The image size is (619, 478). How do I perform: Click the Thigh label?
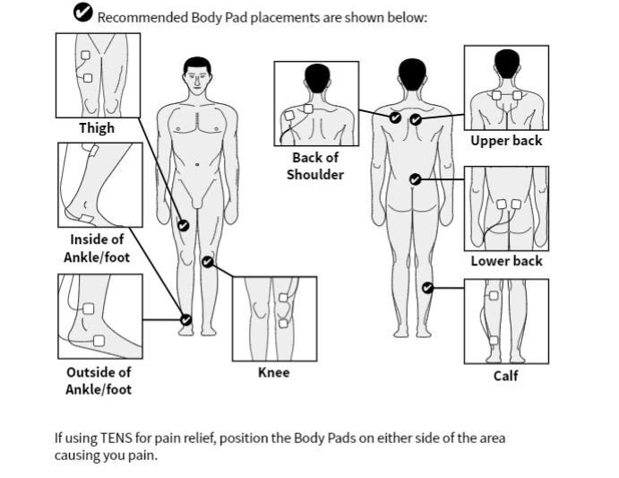click(x=97, y=128)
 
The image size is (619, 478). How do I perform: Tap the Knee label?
click(x=273, y=372)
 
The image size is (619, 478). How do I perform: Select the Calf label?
click(x=506, y=376)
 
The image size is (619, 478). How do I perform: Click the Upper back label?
click(x=506, y=141)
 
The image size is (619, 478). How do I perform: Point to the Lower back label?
click(x=506, y=261)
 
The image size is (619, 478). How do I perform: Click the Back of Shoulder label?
click(x=314, y=166)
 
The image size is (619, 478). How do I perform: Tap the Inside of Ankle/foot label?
click(x=98, y=248)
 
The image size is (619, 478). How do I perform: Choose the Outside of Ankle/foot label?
click(x=99, y=380)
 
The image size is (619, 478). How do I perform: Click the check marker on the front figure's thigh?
click(x=184, y=225)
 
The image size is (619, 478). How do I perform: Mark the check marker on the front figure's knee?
click(x=208, y=262)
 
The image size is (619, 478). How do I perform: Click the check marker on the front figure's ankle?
click(x=186, y=318)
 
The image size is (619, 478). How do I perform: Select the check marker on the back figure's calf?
click(x=427, y=288)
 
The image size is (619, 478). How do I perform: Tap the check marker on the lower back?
click(x=415, y=179)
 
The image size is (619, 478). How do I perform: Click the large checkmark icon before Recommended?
click(x=83, y=13)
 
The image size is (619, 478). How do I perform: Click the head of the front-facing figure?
click(x=197, y=74)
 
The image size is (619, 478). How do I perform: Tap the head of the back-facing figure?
click(x=411, y=74)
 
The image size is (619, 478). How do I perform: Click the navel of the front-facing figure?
click(x=197, y=164)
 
